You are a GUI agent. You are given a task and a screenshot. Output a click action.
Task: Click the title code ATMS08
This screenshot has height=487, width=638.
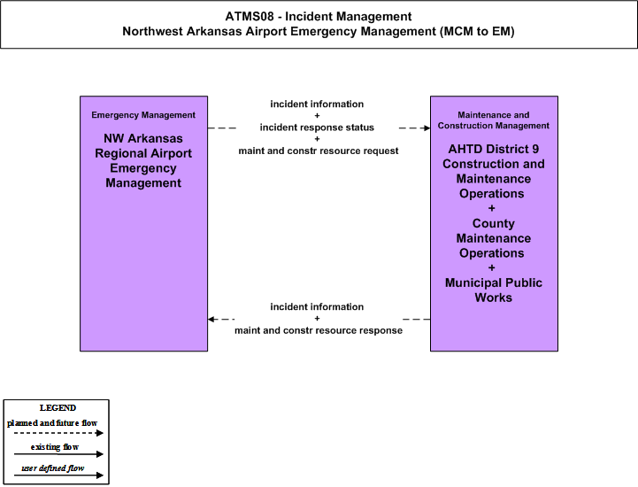point(250,17)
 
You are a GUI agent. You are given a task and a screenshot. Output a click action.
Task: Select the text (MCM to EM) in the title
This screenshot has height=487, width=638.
point(477,31)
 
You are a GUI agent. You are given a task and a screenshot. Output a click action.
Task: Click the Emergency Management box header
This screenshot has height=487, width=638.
point(143,115)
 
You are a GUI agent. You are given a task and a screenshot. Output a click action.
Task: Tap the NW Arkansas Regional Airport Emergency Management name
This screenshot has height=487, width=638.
point(143,161)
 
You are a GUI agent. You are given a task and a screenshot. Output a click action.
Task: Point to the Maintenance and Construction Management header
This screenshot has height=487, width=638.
point(494,120)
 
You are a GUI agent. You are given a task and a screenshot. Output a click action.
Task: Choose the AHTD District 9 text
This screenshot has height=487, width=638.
point(494,149)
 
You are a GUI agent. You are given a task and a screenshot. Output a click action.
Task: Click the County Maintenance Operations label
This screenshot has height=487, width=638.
point(494,238)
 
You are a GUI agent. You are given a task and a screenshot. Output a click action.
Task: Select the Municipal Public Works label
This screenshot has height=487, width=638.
point(494,290)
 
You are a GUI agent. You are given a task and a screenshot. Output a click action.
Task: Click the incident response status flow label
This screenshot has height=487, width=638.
point(317,128)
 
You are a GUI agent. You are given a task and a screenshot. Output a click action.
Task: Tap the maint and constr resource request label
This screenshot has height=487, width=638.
point(319,151)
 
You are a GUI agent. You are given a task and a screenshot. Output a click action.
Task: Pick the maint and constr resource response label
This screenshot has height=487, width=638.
point(319,330)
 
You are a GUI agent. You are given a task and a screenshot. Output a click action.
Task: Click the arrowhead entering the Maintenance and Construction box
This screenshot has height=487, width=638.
point(427,128)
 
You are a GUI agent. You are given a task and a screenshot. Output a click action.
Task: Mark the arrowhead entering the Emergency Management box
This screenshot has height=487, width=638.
point(211,320)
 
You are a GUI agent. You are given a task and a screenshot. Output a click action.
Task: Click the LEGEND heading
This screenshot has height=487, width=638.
point(58,408)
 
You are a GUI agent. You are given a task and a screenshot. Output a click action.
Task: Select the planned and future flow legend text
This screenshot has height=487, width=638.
point(52,423)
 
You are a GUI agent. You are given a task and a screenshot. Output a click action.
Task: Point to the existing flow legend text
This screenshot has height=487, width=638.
point(55,447)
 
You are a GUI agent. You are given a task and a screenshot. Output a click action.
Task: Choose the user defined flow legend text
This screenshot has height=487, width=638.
point(52,468)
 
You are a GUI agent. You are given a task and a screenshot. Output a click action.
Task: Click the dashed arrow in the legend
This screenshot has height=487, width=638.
point(58,433)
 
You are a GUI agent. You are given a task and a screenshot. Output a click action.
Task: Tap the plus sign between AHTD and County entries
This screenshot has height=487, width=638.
point(491,208)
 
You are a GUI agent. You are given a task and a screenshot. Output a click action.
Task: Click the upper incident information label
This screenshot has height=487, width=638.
point(317,104)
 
